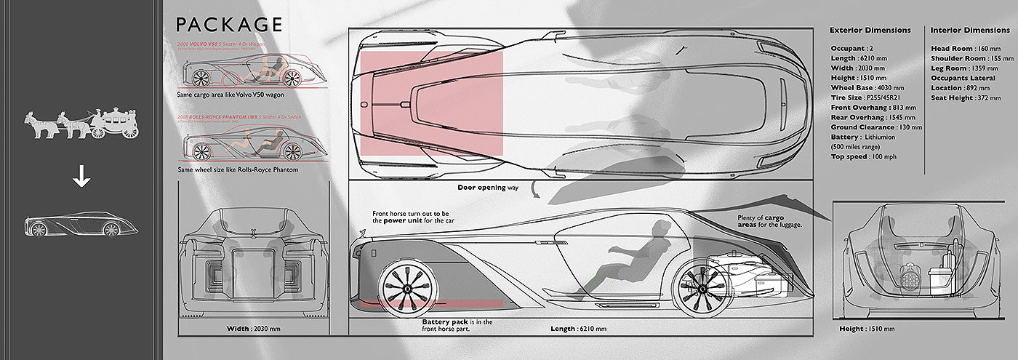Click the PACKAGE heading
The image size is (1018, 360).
pyautogui.click(x=228, y=25)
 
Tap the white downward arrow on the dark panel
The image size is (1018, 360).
pyautogui.click(x=81, y=179)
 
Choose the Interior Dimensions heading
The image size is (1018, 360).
pyautogui.click(x=971, y=31)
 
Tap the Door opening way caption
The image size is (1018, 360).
pyautogui.click(x=488, y=188)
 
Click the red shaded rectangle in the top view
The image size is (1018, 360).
pyautogui.click(x=430, y=103)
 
